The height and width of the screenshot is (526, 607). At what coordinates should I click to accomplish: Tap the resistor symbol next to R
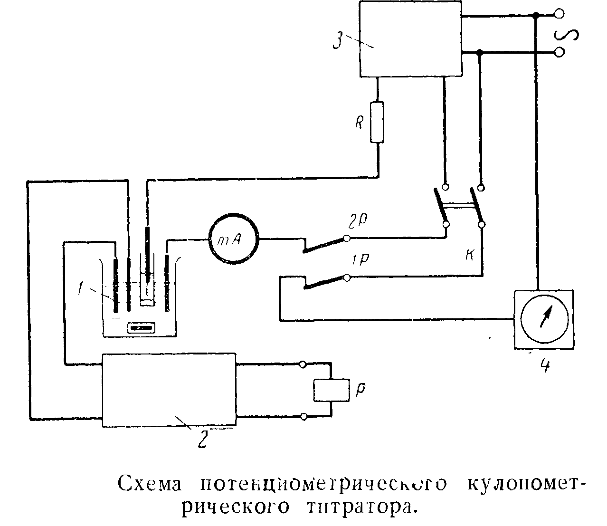[x=377, y=122]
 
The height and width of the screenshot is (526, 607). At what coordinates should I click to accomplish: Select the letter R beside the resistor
[x=360, y=124]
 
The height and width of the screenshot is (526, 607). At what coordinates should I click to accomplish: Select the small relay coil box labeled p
[x=330, y=390]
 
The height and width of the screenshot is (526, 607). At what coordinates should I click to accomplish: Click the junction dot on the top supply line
[x=536, y=16]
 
